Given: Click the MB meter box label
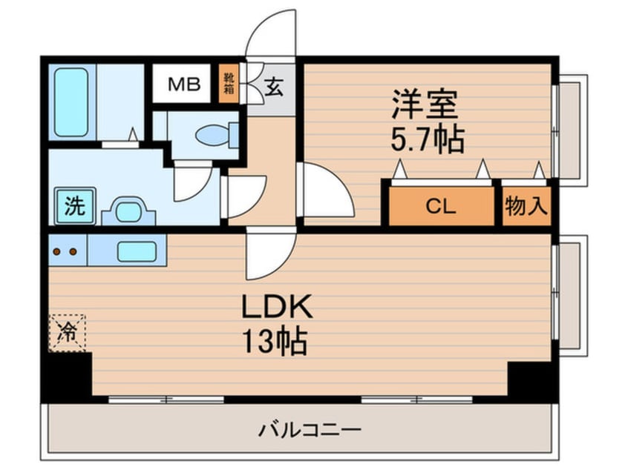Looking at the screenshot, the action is [x=184, y=84].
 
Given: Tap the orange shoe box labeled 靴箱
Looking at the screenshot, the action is [x=229, y=83].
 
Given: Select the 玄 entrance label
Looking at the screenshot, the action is [x=274, y=87].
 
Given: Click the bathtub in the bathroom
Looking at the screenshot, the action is [x=71, y=102].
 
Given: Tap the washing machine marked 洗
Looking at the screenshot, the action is [x=75, y=205].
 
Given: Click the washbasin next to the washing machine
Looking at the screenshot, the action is [x=128, y=211].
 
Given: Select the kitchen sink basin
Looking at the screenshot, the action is [x=137, y=251].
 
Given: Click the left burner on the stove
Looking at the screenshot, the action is [x=57, y=251].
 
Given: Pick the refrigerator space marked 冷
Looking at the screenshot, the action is [x=68, y=333].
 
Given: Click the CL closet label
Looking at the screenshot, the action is [x=440, y=206].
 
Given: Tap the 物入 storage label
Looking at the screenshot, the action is [x=526, y=205].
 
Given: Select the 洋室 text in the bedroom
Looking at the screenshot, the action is [x=425, y=104].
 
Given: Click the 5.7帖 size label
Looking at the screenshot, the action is [x=428, y=139].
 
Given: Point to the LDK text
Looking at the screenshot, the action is [x=277, y=306].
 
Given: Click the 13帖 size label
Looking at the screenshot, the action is [x=275, y=341].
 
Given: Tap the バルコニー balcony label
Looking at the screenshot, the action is [x=310, y=430].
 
